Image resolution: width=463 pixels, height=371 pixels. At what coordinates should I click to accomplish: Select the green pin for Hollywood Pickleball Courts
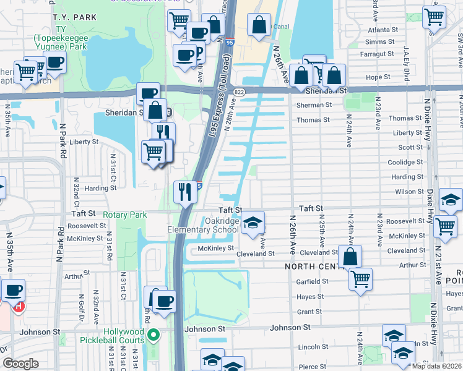coord(155,336)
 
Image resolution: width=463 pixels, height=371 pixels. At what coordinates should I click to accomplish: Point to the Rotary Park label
coord(125,215)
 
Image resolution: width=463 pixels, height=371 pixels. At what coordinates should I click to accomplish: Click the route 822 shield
coord(239,92)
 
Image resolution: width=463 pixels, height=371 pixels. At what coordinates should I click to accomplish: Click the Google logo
coord(20,364)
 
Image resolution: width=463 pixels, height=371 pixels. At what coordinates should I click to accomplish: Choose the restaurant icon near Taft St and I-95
coord(185,191)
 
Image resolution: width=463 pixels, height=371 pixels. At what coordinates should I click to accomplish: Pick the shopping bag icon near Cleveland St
coord(350,256)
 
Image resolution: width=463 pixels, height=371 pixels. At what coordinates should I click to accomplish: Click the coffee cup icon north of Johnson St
coord(164,302)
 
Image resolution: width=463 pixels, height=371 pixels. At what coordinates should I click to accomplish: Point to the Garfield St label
coord(311,281)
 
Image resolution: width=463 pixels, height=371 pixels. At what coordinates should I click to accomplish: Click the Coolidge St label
coord(405,162)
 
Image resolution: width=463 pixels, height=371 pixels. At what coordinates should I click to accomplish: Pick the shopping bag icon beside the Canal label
coord(259,25)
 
